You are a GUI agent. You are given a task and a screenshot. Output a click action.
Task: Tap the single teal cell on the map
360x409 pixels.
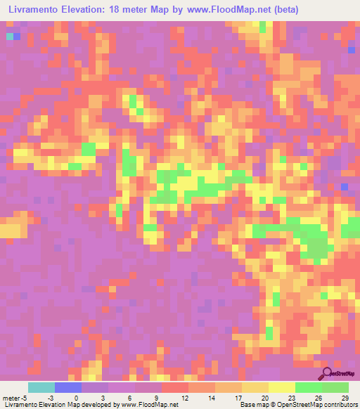coord(9,36)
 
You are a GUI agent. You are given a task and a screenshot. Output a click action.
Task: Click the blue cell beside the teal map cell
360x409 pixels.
coord(17,36)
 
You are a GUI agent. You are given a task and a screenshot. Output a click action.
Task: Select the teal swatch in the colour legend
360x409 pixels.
coord(41,387)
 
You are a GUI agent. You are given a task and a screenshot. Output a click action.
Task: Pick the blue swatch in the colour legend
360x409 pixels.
coord(67,387)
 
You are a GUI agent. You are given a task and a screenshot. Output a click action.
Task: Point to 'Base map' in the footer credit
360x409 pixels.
coord(252,405)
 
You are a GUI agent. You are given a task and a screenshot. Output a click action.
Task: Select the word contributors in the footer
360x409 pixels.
coord(340,405)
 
